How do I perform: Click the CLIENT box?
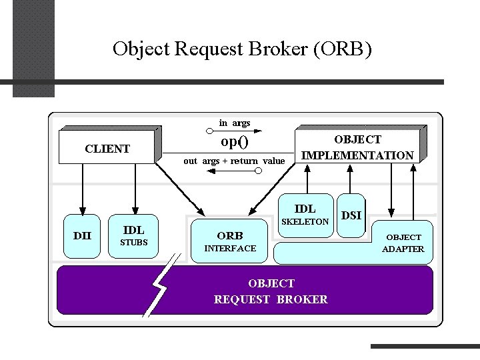pyautogui.click(x=107, y=147)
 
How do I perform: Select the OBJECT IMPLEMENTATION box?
pyautogui.click(x=357, y=146)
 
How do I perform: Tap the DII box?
pyautogui.click(x=82, y=236)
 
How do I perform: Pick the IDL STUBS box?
pyautogui.click(x=133, y=236)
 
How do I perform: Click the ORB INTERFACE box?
pyautogui.click(x=229, y=241)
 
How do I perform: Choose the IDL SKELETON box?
pyautogui.click(x=306, y=215)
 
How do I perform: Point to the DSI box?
pyautogui.click(x=351, y=215)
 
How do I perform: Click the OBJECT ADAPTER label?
pyautogui.click(x=403, y=243)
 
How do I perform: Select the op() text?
pyautogui.click(x=235, y=141)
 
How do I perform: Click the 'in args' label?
pyautogui.click(x=235, y=123)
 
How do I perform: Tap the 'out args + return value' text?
pyautogui.click(x=234, y=161)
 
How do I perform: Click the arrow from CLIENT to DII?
pyautogui.click(x=83, y=189)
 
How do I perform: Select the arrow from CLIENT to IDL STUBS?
pyautogui.click(x=135, y=189)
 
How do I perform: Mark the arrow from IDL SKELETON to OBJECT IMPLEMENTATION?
pyautogui.click(x=307, y=179)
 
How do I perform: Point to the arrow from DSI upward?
pyautogui.click(x=350, y=179)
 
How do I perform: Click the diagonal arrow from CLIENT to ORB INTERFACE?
pyautogui.click(x=180, y=189)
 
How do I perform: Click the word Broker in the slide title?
pyautogui.click(x=277, y=49)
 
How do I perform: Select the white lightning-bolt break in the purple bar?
pyautogui.click(x=161, y=285)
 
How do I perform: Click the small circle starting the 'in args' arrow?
pyautogui.click(x=209, y=131)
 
